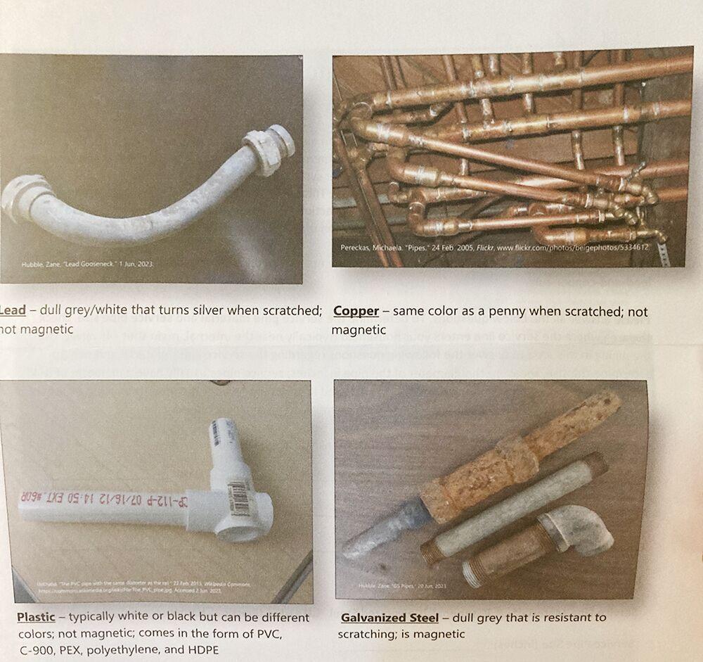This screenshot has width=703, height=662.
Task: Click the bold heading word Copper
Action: point(356,311)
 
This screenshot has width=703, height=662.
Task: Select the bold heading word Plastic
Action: point(36,617)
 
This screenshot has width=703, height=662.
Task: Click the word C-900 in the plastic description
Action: point(35,649)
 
